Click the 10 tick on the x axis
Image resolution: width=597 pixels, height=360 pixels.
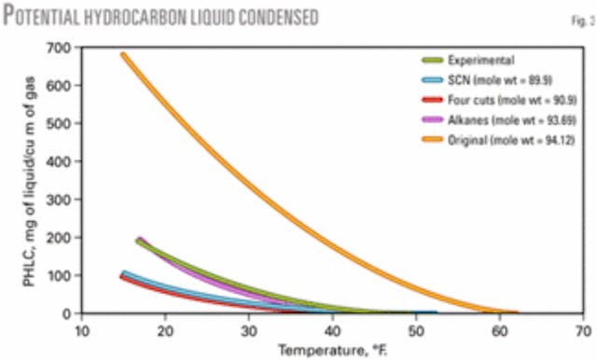click(x=82, y=329)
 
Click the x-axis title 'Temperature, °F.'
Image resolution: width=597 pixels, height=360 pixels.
click(x=330, y=349)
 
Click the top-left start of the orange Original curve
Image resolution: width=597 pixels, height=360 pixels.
click(x=124, y=55)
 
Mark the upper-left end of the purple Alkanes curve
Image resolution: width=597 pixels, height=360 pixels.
click(x=140, y=240)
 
